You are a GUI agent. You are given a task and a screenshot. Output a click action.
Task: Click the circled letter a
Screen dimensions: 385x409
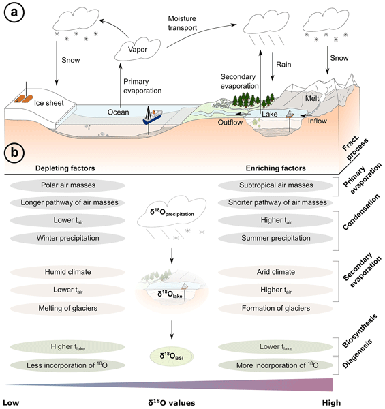point(14,12)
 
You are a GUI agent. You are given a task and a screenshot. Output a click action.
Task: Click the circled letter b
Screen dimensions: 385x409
point(14,152)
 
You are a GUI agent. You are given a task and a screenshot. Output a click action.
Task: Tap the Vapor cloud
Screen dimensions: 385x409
point(138,50)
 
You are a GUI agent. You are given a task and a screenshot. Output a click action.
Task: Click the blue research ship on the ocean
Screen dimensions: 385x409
point(152,117)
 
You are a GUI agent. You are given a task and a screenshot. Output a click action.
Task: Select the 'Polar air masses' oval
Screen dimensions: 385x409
point(67,185)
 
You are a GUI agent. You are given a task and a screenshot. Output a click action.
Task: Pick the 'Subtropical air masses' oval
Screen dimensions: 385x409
point(276,185)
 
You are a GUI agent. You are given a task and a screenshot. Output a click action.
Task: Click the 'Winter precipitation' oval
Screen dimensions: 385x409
point(67,238)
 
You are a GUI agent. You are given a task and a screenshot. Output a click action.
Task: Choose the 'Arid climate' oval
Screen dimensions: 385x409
point(276,272)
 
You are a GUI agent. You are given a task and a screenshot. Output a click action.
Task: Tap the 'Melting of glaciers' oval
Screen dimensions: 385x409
point(67,309)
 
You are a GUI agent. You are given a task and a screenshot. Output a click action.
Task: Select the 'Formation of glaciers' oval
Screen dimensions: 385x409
point(276,309)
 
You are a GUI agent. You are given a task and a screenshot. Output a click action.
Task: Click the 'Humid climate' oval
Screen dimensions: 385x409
point(67,272)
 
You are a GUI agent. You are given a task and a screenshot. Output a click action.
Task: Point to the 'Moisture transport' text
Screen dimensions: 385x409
point(182,23)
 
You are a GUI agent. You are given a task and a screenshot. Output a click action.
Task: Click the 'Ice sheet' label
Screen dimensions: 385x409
point(49,103)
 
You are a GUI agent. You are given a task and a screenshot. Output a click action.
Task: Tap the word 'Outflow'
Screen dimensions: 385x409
point(230,122)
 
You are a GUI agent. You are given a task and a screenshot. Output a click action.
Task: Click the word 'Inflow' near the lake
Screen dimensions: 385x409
point(318,121)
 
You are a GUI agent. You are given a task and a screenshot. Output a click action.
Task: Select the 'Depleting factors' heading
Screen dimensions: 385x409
point(65,168)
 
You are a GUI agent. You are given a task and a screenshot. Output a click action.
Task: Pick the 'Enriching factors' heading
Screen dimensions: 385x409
point(276,168)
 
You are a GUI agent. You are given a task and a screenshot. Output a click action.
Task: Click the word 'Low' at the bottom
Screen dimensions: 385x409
point(11,403)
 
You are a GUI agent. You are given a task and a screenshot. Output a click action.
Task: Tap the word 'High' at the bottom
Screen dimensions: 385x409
point(331,403)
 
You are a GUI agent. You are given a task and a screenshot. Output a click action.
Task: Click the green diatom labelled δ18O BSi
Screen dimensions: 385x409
point(172,357)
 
